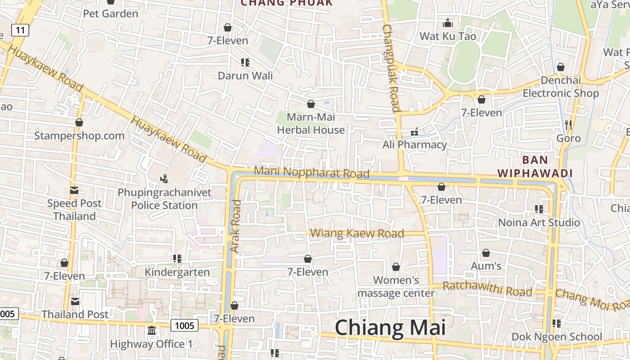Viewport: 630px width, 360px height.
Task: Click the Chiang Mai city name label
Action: coord(390,328)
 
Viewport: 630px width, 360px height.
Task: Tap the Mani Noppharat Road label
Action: coord(311,172)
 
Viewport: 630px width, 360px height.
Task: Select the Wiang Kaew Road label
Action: coord(357,233)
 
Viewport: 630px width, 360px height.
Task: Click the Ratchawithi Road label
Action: coord(487,288)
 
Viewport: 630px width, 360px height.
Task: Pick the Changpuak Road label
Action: coord(391,67)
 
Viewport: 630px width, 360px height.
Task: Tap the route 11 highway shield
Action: coord(20,30)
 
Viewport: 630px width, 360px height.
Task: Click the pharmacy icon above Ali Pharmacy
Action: coord(414,132)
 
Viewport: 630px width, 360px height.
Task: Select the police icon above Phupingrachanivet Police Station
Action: coord(164,179)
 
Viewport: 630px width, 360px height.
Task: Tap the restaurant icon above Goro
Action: coord(568,124)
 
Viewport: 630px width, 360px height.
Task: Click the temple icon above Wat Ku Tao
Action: coord(447,23)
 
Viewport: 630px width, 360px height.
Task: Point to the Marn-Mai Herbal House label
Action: coord(310,124)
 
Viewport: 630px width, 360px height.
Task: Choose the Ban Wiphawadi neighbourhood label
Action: coord(535,166)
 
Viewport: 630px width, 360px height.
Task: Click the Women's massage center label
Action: coord(396,287)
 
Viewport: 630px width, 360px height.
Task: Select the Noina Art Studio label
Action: coord(539,222)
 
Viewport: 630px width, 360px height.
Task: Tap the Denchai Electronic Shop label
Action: coord(560,87)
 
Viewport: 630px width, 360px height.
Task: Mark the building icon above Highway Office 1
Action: coord(151,331)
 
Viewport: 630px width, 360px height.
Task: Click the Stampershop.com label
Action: coord(79,135)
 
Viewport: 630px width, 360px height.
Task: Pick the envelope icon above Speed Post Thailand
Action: coord(74,190)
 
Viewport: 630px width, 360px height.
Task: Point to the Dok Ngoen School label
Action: coord(557,337)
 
